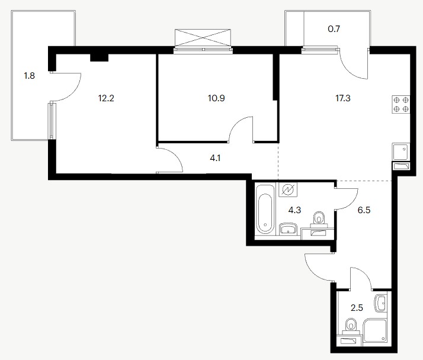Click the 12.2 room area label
coord(106,98)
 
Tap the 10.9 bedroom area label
coord(216,98)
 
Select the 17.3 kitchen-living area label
coord(343,98)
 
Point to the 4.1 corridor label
coord(215,158)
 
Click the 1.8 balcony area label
coord(30,76)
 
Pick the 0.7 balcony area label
coord(334,28)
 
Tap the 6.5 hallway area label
coord(364,210)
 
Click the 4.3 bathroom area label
coord(294,210)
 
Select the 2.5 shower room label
coord(357,308)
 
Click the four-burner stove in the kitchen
coord(401,104)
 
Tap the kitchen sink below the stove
coord(401,152)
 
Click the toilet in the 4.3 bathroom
coord(319,218)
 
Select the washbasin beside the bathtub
coord(288,229)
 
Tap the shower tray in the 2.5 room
coord(375,332)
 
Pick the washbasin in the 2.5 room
coord(381,304)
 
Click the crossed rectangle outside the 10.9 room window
coord(203,37)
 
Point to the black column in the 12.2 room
coord(99,57)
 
